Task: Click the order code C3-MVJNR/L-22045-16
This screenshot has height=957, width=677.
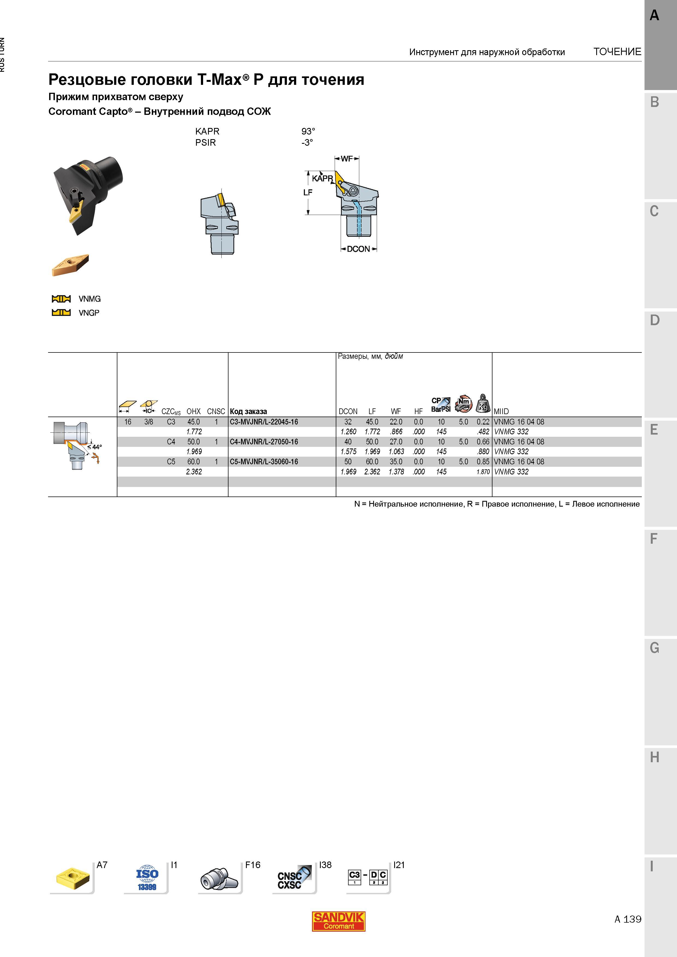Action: coord(264,422)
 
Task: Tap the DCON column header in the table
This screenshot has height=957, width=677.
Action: coord(348,411)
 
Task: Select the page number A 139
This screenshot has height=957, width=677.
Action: coord(628,919)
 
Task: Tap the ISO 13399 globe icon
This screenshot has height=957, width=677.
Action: coord(147,878)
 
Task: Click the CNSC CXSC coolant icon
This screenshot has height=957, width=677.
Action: coord(294,878)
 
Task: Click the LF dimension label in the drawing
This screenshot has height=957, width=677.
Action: coord(308,192)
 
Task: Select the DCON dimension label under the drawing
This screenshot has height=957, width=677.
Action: coord(358,249)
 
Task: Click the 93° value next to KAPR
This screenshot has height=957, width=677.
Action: coord(308,131)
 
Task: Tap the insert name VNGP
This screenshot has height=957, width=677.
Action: coord(89,313)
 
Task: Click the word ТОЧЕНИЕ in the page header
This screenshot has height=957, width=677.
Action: coord(617,52)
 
